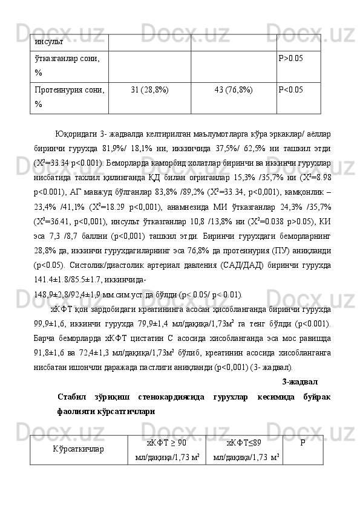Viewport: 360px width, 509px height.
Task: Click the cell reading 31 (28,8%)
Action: click(x=149, y=89)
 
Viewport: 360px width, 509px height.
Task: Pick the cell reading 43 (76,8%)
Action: click(x=234, y=89)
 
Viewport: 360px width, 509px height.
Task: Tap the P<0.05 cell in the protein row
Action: click(x=290, y=89)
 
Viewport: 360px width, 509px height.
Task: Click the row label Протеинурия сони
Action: click(x=70, y=89)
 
